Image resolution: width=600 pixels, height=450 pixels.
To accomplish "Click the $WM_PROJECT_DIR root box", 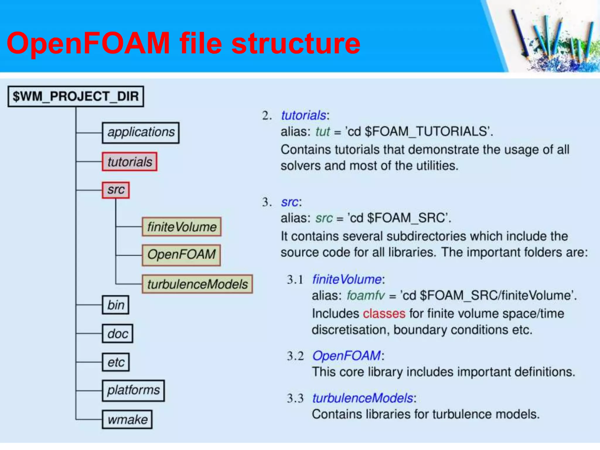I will (76, 96).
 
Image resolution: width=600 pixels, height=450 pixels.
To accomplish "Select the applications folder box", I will (141, 132).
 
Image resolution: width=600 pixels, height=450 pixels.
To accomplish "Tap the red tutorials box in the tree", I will (129, 162).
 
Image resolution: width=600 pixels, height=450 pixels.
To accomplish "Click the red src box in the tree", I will (116, 190).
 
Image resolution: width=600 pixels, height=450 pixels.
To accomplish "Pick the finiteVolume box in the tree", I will (182, 227).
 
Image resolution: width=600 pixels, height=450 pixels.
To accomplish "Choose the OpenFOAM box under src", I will (181, 255).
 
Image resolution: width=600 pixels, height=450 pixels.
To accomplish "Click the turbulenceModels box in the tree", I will (197, 284).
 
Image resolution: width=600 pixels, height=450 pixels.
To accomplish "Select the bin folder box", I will (116, 305).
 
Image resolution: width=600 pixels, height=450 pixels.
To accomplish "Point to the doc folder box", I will (117, 334).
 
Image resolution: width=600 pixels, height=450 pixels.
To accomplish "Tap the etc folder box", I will (116, 362).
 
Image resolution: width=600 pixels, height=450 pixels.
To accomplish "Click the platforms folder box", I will (133, 391).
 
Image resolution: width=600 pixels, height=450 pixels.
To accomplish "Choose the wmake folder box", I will (127, 420).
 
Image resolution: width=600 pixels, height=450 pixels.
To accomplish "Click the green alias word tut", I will (323, 132).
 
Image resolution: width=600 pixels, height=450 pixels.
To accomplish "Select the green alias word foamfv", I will (365, 295).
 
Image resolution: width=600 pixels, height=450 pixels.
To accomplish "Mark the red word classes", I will (384, 313).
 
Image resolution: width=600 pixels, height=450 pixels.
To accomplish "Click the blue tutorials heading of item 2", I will (304, 115).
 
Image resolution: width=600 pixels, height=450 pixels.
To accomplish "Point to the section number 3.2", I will (295, 356).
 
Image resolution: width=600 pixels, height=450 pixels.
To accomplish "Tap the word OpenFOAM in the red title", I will (88, 43).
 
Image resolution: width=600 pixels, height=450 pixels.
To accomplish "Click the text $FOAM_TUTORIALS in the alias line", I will (426, 132).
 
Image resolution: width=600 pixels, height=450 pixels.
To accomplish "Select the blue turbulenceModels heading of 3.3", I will (363, 398).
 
